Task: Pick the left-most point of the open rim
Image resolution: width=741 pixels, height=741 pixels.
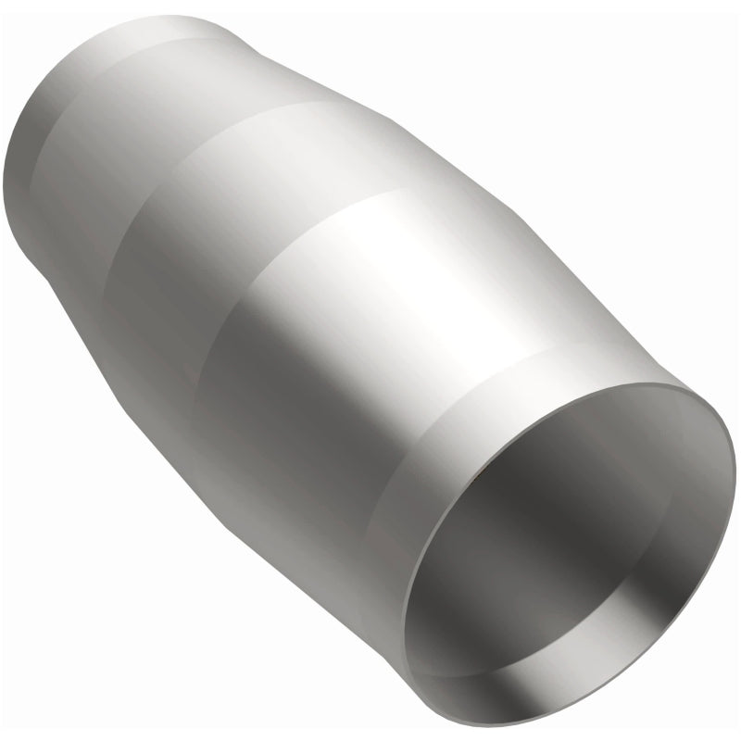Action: click(408, 593)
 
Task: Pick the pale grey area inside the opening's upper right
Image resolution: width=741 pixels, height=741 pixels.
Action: click(639, 445)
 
